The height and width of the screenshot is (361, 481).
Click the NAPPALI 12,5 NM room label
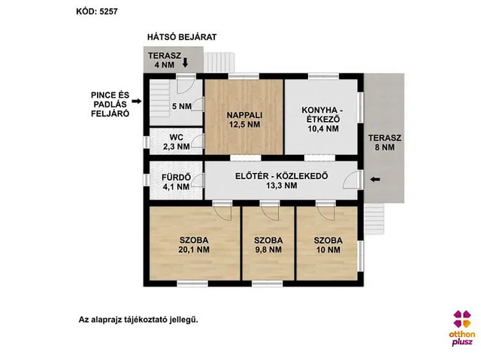click(244, 120)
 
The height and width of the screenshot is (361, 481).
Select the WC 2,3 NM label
click(176, 142)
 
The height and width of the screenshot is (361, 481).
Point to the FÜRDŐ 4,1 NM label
click(176, 182)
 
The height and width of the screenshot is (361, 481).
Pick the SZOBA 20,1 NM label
click(194, 244)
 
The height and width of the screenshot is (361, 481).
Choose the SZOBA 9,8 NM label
click(268, 244)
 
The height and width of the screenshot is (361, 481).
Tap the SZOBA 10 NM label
click(328, 244)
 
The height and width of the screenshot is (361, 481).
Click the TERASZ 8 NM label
click(384, 142)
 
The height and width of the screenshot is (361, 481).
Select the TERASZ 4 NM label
click(165, 60)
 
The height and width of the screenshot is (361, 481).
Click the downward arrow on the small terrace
click(186, 62)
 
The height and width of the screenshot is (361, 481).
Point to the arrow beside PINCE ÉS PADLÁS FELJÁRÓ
click(137, 101)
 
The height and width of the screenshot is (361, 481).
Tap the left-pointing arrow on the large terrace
click(375, 180)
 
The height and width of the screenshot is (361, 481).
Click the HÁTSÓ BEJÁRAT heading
click(182, 37)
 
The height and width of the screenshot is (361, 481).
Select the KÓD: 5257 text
click(97, 12)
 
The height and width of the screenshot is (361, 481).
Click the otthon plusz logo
click(462, 328)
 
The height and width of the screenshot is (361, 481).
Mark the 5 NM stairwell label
click(182, 107)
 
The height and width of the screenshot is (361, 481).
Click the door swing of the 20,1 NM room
click(222, 213)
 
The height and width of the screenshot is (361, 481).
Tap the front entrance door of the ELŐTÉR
click(352, 180)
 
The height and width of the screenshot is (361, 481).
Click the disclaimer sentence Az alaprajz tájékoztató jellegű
click(138, 320)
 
